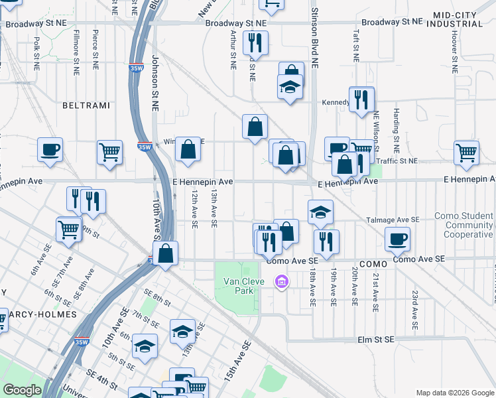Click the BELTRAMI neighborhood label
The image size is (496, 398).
point(85,105)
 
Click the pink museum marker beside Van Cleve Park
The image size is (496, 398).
point(282,283)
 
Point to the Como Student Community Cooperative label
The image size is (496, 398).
point(464,226)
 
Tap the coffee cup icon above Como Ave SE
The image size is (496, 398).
point(397,239)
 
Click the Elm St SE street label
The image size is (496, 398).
point(375,340)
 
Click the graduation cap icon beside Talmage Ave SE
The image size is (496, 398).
point(320,212)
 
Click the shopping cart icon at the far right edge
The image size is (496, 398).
point(467,153)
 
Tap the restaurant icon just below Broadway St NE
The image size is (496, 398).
point(255,43)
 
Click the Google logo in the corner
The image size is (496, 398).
point(22,390)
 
